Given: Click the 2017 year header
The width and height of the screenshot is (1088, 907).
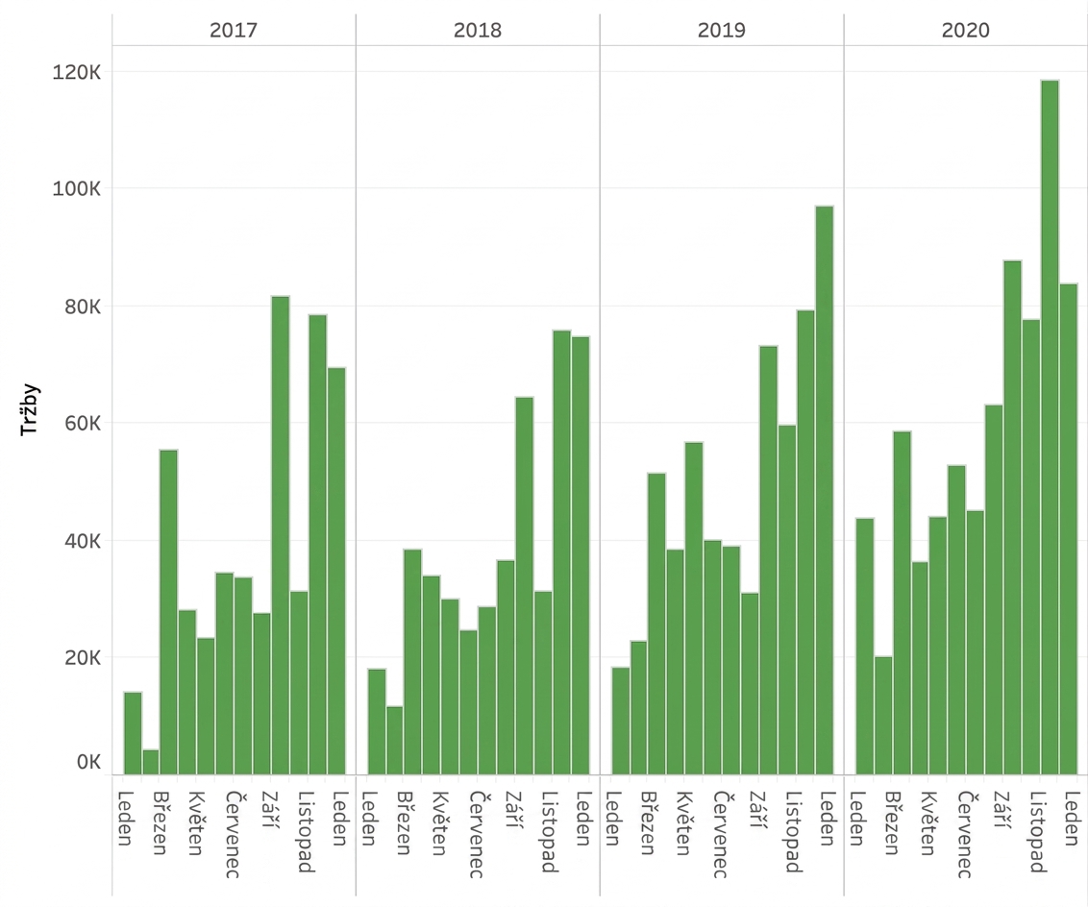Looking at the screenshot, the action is (x=234, y=30).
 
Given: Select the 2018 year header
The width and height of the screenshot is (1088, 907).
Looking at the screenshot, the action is (x=478, y=30).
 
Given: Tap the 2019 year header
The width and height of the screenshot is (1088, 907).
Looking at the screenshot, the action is (x=722, y=30).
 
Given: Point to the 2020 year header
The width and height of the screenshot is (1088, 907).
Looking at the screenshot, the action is (x=965, y=30).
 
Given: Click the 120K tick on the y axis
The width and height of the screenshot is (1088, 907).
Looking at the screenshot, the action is (x=76, y=71).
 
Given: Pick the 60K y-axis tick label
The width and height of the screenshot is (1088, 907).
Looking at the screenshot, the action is (x=83, y=423).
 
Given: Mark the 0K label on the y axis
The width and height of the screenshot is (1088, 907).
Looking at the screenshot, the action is (x=88, y=762).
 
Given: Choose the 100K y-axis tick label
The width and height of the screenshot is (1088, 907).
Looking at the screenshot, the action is (x=76, y=188).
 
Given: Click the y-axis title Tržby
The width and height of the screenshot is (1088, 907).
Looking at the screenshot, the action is (x=31, y=409).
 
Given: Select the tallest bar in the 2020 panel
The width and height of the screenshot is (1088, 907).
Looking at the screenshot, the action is (x=1050, y=428).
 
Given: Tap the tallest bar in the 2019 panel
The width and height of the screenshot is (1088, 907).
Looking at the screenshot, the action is (x=825, y=490).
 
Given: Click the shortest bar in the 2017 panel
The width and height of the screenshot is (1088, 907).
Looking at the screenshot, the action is (x=151, y=762).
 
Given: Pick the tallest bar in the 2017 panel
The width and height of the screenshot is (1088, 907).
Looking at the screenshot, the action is (x=281, y=535).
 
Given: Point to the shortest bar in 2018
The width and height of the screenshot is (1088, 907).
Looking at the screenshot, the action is (x=395, y=741).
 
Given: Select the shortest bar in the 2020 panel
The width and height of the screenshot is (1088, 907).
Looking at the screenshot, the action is (x=883, y=716).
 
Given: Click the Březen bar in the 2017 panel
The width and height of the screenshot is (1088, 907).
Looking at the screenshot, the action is (x=168, y=612).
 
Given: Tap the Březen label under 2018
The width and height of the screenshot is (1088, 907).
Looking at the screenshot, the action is (x=405, y=823).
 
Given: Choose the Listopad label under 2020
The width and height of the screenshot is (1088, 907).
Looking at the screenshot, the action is (x=1037, y=831).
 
